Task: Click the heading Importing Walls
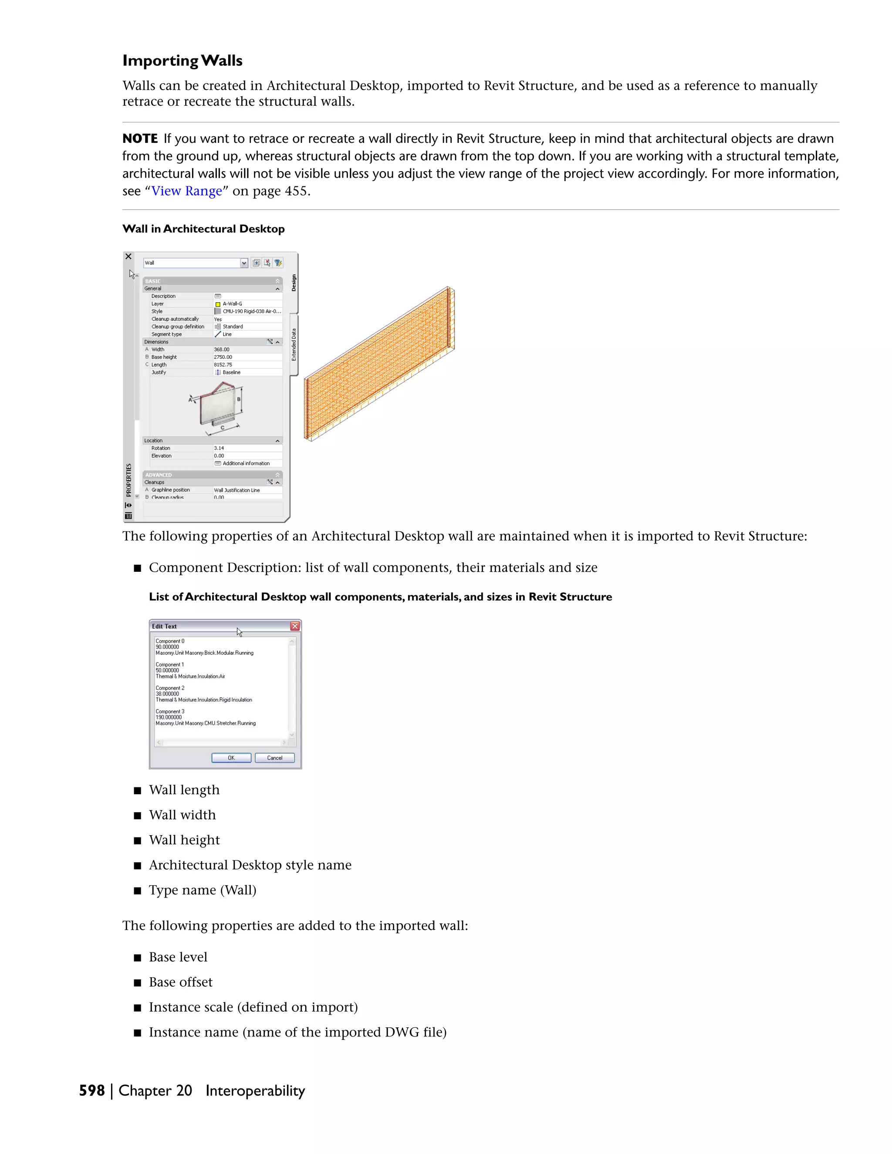(182, 61)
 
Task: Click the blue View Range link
(186, 191)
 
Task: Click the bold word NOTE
(140, 138)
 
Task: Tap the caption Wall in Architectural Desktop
(203, 229)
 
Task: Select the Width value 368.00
(222, 349)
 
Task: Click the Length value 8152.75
(223, 364)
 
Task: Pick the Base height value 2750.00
(223, 357)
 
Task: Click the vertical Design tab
(294, 283)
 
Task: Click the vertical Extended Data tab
(294, 344)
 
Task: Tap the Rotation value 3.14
(219, 448)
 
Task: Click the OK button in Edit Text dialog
(231, 758)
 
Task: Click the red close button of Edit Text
(295, 626)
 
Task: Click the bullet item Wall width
(182, 815)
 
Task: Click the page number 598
(92, 1090)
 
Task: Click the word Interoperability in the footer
(255, 1090)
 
